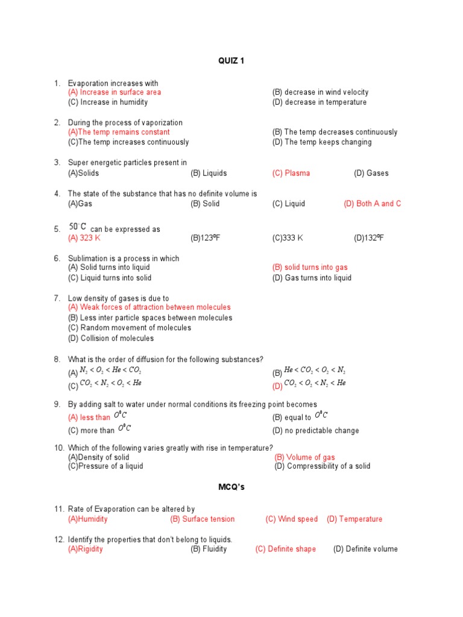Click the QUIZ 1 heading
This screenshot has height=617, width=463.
pyautogui.click(x=231, y=61)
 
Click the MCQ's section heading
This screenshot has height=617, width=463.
pyautogui.click(x=231, y=487)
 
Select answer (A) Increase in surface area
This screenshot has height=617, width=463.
pyautogui.click(x=115, y=92)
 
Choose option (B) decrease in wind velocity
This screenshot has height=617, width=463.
pyautogui.click(x=320, y=92)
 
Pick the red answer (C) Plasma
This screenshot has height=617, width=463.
pyautogui.click(x=291, y=173)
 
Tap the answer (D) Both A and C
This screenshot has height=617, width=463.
pyautogui.click(x=372, y=204)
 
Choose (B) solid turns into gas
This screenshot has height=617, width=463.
pyautogui.click(x=310, y=268)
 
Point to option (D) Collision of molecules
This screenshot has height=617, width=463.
pyautogui.click(x=111, y=339)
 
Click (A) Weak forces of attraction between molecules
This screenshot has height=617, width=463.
pyautogui.click(x=150, y=307)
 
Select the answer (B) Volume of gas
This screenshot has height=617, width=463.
pyautogui.click(x=304, y=457)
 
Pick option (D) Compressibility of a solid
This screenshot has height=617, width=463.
pyautogui.click(x=323, y=466)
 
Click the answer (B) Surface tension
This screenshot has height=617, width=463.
pyautogui.click(x=203, y=519)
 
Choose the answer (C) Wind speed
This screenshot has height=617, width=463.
pyautogui.click(x=291, y=519)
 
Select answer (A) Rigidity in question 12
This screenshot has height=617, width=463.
pyautogui.click(x=86, y=550)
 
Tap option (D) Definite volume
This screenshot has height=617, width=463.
pyautogui.click(x=365, y=550)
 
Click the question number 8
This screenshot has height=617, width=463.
pyautogui.click(x=57, y=360)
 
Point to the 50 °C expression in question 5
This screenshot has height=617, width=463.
pyautogui.click(x=78, y=227)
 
